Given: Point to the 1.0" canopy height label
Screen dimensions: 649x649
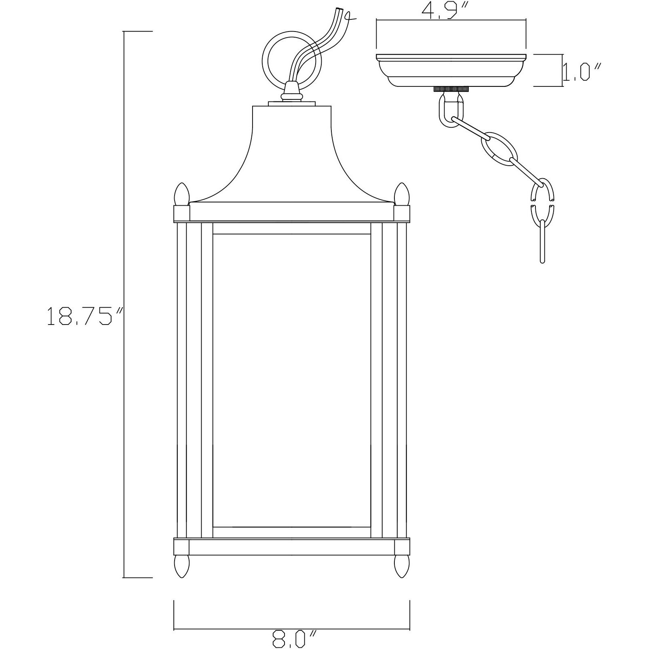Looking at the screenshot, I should pos(582,73).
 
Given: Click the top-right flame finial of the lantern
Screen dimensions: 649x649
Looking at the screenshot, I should pos(402,194).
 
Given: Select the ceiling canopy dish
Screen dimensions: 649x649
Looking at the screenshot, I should pos(451,71).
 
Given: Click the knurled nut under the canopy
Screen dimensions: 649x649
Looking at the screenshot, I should pos(451,89).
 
